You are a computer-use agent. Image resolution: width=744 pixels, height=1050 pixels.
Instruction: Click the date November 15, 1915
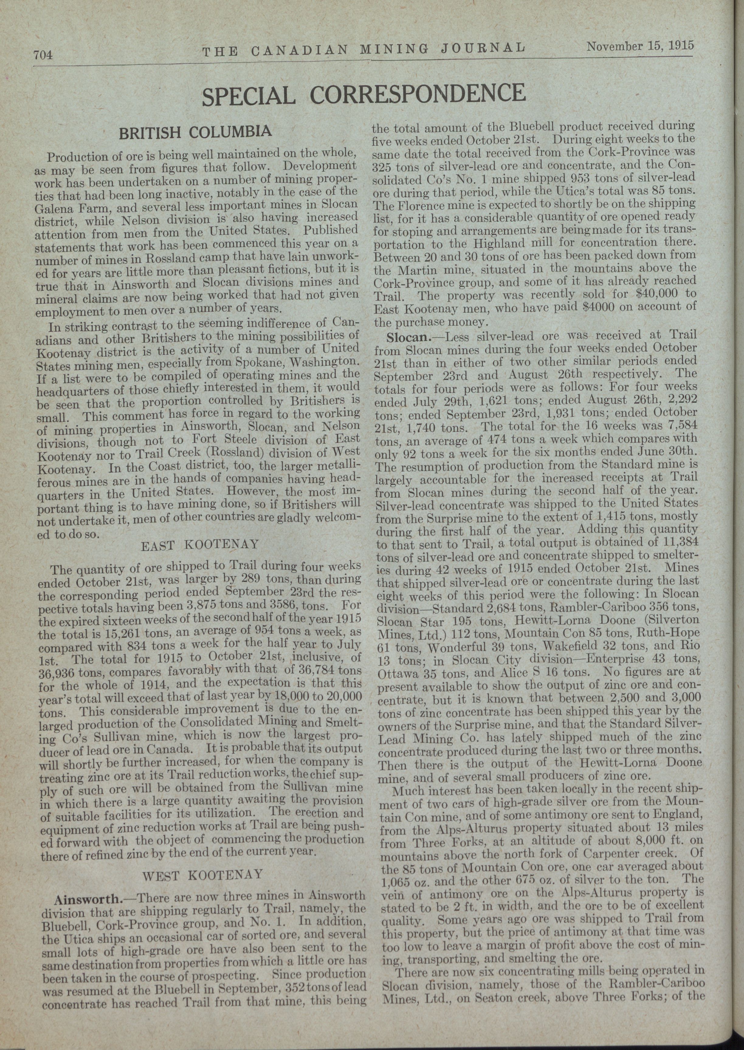pyautogui.click(x=640, y=46)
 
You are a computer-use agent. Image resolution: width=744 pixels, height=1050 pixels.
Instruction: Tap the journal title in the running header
pyautogui.click(x=364, y=49)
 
